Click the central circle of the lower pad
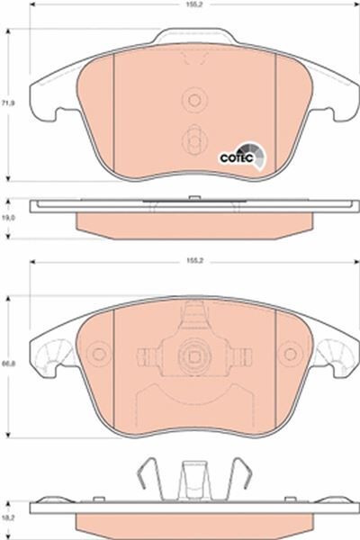coord(193,355)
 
